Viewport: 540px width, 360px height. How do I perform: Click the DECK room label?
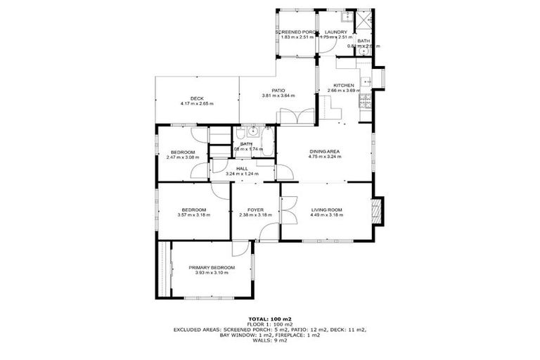[x=196, y=98]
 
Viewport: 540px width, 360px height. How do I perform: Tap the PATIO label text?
[x=277, y=90]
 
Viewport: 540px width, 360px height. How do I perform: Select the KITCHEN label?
[x=344, y=86]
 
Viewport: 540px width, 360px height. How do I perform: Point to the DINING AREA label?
[x=325, y=151]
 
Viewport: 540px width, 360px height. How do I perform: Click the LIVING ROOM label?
[x=326, y=210]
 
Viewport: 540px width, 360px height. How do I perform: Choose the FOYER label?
[x=256, y=210]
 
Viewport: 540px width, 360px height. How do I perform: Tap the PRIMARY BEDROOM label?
[x=212, y=267]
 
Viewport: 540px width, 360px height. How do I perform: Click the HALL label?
[x=242, y=169]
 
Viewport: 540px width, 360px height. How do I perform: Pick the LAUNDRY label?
[x=336, y=32]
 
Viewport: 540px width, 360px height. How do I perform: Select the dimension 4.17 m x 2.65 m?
[x=196, y=104]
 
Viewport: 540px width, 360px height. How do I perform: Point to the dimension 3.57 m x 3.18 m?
[x=193, y=215]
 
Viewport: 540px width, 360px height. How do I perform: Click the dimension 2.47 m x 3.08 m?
[x=183, y=157]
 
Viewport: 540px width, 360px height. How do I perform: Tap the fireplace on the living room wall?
[x=377, y=210]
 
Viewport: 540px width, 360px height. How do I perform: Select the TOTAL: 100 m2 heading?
[x=270, y=319]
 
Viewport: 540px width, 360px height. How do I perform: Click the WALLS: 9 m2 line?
[x=270, y=341]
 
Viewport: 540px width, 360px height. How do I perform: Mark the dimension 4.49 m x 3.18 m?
[x=326, y=215]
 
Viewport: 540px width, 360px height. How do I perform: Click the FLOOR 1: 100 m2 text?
[x=270, y=324]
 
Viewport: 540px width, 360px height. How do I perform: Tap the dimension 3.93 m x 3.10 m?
[x=212, y=273]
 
